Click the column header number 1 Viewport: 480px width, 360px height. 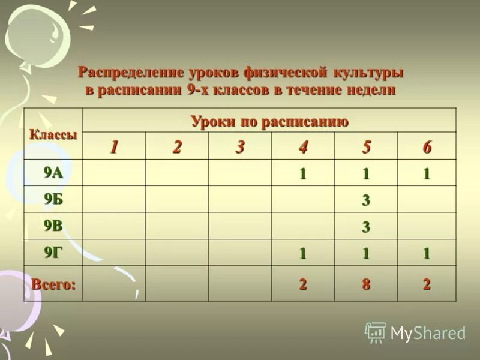click(113, 147)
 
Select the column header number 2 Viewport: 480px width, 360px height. click(176, 147)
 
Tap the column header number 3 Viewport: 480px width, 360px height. click(240, 147)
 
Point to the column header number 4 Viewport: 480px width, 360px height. click(303, 147)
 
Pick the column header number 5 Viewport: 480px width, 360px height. click(365, 147)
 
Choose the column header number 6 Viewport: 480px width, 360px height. click(427, 147)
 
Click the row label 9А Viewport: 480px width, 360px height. click(53, 173)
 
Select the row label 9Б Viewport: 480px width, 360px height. click(53, 200)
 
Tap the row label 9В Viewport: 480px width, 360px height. click(53, 226)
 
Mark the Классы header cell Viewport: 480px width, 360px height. click(53, 134)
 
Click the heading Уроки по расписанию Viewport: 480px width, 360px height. click(269, 121)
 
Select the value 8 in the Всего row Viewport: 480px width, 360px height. click(365, 285)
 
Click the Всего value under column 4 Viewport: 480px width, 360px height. click(303, 285)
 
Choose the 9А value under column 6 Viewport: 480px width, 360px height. click(427, 174)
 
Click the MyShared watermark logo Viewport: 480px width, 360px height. click(415, 332)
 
